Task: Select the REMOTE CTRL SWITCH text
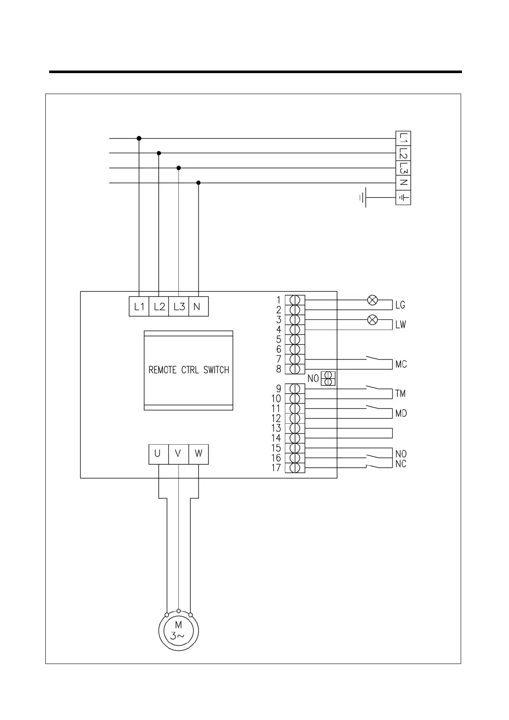[x=189, y=370]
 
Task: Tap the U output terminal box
[x=158, y=454]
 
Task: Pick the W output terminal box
[x=198, y=454]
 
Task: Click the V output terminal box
[x=178, y=454]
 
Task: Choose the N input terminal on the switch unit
[x=198, y=307]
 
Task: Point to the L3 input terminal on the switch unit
[x=179, y=307]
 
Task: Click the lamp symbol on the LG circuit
[x=373, y=300]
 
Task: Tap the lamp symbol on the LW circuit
[x=373, y=319]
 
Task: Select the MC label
[x=401, y=364]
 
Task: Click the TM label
[x=400, y=394]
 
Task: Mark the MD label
[x=401, y=413]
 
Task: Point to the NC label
[x=401, y=464]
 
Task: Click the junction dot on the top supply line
[x=139, y=138]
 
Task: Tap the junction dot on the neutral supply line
[x=198, y=183]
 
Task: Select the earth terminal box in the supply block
[x=403, y=198]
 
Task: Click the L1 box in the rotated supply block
[x=403, y=138]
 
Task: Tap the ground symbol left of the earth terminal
[x=363, y=198]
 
